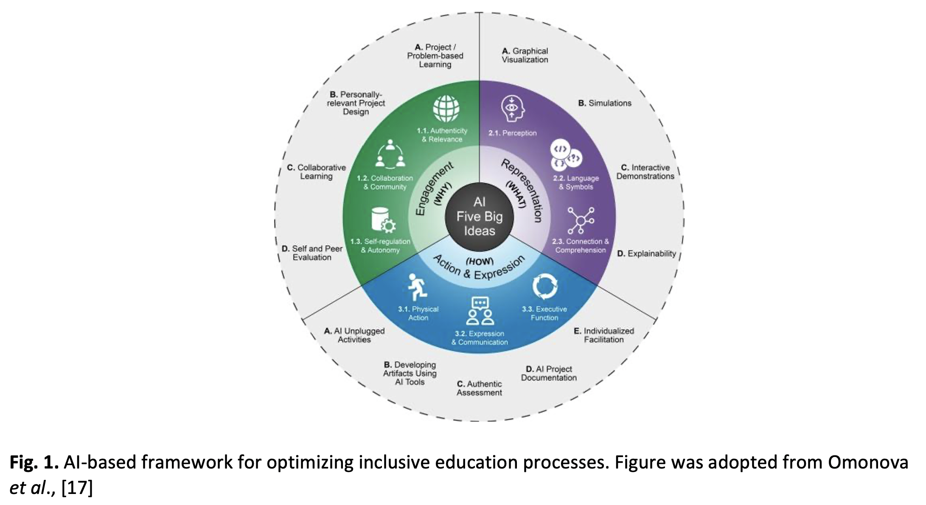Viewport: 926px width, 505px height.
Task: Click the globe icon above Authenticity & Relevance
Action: (x=446, y=108)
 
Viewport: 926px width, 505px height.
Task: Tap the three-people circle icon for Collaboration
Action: (x=390, y=154)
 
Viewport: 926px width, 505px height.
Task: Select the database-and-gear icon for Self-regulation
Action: (x=383, y=220)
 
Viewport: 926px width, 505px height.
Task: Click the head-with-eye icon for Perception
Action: (x=513, y=109)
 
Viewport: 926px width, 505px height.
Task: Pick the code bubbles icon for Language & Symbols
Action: (x=566, y=155)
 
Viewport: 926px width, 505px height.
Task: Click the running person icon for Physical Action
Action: (x=417, y=287)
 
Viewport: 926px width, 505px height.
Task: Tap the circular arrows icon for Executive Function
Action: (x=544, y=286)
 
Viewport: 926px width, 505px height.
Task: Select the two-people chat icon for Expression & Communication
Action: (x=480, y=311)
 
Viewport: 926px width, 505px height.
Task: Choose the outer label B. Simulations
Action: (x=605, y=103)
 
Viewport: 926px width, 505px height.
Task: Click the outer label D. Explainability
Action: (x=646, y=253)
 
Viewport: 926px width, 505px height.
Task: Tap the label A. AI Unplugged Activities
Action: (x=354, y=335)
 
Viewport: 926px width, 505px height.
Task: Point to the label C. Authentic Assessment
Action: (x=479, y=388)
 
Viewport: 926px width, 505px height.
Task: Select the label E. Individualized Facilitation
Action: (x=604, y=335)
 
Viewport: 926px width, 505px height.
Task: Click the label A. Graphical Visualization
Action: (x=525, y=55)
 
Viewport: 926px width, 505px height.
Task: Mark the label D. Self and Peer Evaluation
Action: (x=312, y=253)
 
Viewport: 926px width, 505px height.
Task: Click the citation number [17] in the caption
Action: (x=77, y=488)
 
